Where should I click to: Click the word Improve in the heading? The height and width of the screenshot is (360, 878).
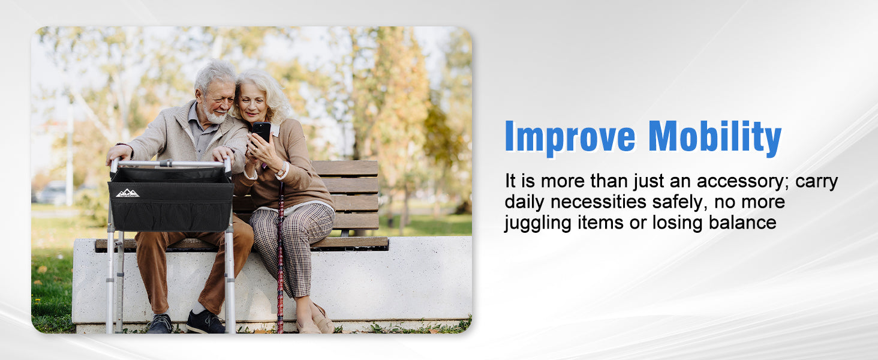tap(570, 138)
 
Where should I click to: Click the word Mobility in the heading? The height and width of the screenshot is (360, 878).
tap(715, 138)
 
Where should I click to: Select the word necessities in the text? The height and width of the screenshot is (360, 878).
tap(598, 202)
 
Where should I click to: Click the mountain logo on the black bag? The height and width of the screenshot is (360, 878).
tap(127, 193)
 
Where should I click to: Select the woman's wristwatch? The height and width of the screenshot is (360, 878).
tap(281, 170)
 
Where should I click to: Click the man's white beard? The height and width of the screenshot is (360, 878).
tap(215, 116)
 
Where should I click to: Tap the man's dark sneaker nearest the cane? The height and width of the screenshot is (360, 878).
tap(205, 322)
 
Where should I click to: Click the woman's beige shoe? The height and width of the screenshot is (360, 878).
tap(322, 320)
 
